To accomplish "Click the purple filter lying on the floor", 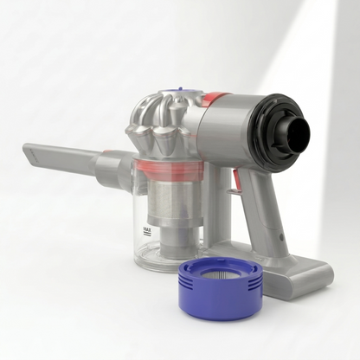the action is click(221, 288).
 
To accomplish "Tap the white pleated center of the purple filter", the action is click(221, 273).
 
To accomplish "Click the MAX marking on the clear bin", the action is click(147, 229).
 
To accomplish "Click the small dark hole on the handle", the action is click(281, 236).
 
